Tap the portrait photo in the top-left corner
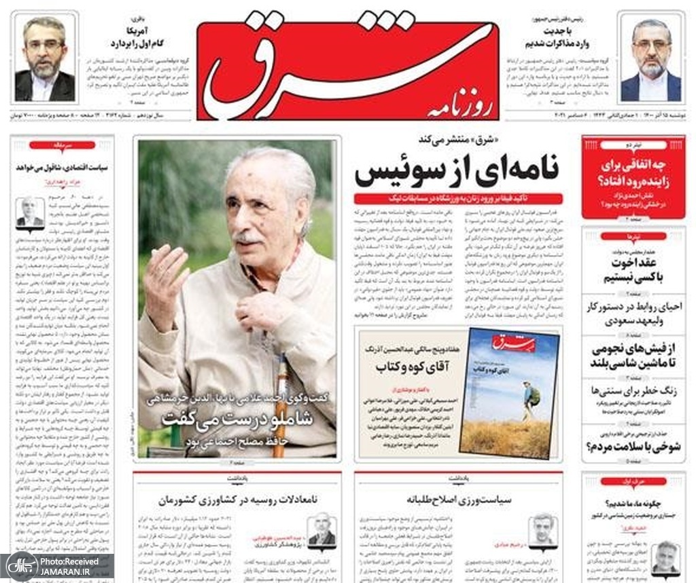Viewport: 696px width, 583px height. (46, 59)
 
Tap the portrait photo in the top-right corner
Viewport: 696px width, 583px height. (650, 60)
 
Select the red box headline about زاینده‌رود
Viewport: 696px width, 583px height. (633, 173)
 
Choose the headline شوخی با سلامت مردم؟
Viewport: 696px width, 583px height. (633, 447)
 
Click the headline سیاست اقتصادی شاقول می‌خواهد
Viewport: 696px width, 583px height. (62, 166)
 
